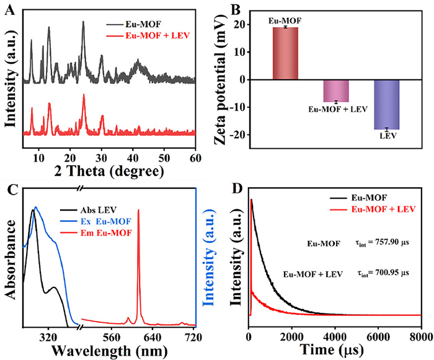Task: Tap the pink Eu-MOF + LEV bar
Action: pyautogui.click(x=337, y=90)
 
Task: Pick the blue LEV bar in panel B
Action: pyautogui.click(x=386, y=105)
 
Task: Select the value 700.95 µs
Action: pyautogui.click(x=383, y=273)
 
